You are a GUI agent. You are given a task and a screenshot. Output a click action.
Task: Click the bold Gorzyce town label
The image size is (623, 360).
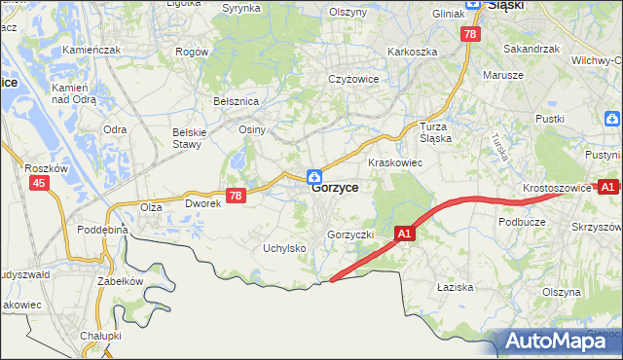coord(335,189)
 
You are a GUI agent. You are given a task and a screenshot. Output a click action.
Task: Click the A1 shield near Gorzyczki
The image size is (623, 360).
coord(406,234)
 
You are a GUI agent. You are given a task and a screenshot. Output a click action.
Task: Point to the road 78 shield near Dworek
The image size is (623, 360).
coord(235,196)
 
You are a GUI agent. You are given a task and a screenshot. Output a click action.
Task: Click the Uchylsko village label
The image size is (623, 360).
coord(284,248)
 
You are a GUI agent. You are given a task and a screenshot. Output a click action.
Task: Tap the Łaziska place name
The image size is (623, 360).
coord(455,287)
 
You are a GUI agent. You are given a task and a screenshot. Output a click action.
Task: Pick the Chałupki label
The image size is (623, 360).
coord(100,336)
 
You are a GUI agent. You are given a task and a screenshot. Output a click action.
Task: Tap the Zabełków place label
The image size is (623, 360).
coord(120,281)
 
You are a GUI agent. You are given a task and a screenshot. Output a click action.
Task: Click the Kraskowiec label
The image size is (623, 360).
coord(394,162)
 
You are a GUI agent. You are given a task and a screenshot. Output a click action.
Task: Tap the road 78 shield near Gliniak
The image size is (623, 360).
coord(471,34)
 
